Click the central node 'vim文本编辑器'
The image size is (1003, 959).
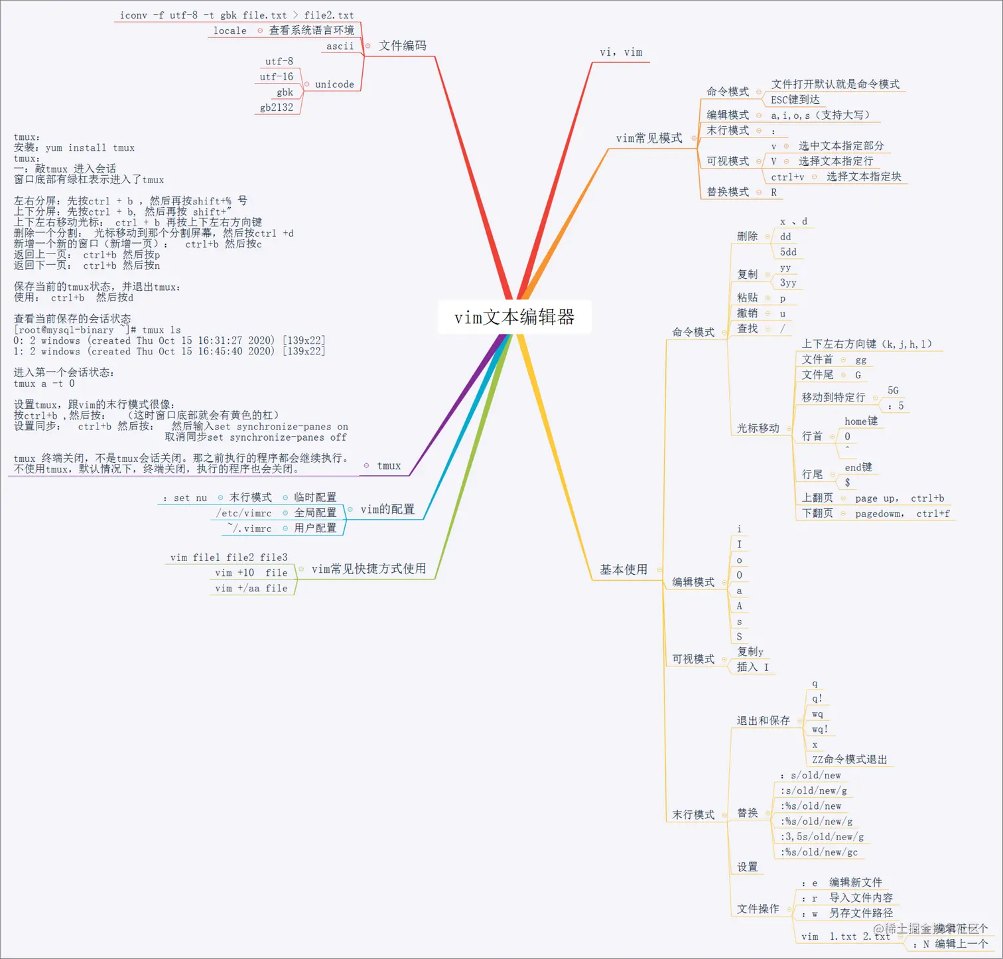[x=514, y=317]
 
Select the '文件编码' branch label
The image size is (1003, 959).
[x=402, y=46]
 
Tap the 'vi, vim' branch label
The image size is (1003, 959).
[x=621, y=52]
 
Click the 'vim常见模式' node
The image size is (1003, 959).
[x=649, y=138]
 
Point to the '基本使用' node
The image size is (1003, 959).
[x=624, y=569]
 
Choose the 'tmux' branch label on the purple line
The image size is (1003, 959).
[x=389, y=466]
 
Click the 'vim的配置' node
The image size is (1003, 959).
[x=387, y=509]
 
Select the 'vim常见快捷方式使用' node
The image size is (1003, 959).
[x=369, y=569]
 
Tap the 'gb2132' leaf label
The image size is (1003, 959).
[x=277, y=108]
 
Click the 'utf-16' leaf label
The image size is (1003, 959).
[x=277, y=77]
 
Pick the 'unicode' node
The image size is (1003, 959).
[x=334, y=84]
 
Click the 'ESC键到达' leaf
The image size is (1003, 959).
[x=795, y=100]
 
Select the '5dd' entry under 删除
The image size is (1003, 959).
[x=788, y=252]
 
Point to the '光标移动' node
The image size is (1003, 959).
[x=758, y=428]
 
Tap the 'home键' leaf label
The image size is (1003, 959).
[x=861, y=421]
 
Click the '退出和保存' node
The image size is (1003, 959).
[x=764, y=720]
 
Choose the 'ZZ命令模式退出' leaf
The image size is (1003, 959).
[x=850, y=759]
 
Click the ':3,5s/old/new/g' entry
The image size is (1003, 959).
[x=823, y=837]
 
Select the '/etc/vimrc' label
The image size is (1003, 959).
[x=244, y=513]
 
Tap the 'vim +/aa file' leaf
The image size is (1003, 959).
[x=251, y=589]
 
